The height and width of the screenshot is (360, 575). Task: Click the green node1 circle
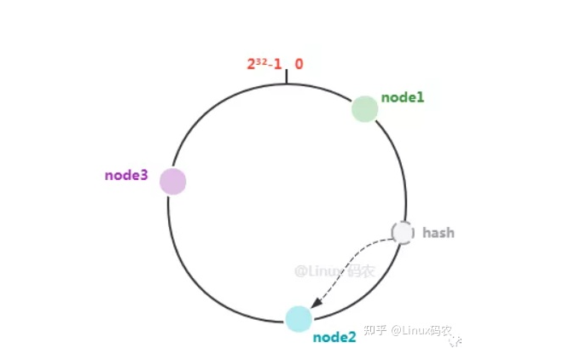click(365, 109)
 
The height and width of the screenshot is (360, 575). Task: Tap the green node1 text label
click(403, 97)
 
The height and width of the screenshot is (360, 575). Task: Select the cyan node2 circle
click(299, 318)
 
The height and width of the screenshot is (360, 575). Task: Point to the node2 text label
click(334, 337)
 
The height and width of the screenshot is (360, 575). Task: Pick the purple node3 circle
click(173, 182)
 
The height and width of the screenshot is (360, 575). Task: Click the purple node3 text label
click(126, 176)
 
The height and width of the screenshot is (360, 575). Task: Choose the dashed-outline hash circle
click(402, 232)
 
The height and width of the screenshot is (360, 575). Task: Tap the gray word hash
click(438, 232)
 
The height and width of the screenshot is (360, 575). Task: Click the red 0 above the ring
click(299, 64)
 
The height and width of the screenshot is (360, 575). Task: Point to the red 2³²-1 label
click(264, 64)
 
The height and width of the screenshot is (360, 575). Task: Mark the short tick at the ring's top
click(287, 77)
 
